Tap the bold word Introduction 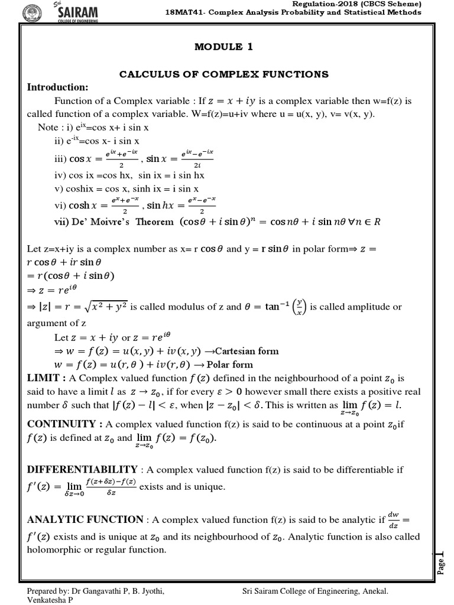(x=57, y=87)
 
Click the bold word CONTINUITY (x=61, y=424)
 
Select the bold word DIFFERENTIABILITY (x=83, y=469)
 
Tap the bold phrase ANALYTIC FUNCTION (x=85, y=520)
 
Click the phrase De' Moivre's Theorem (x=113, y=222)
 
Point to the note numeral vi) (x=60, y=206)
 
